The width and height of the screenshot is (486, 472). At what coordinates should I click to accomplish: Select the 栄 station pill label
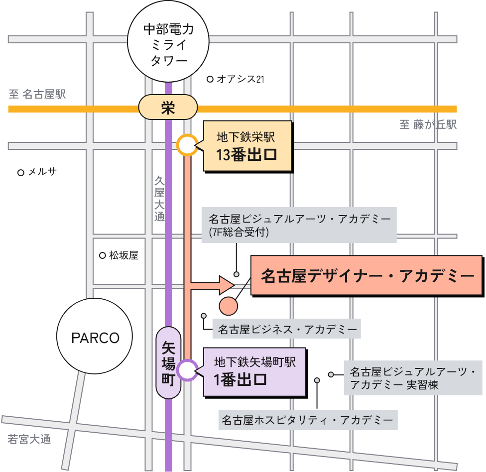click(x=168, y=108)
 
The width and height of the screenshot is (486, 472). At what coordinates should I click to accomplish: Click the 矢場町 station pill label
click(x=169, y=362)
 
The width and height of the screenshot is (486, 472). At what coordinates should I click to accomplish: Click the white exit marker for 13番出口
click(x=186, y=145)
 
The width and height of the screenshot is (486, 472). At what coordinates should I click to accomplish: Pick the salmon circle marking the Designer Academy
click(x=229, y=306)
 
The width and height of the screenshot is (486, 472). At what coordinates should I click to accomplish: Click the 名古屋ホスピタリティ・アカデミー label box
click(x=308, y=420)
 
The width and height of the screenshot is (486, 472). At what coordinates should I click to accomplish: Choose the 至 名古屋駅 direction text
click(x=37, y=94)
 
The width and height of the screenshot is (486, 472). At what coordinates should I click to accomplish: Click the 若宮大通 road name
click(x=30, y=440)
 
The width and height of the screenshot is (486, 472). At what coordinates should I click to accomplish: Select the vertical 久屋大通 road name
click(x=159, y=198)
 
